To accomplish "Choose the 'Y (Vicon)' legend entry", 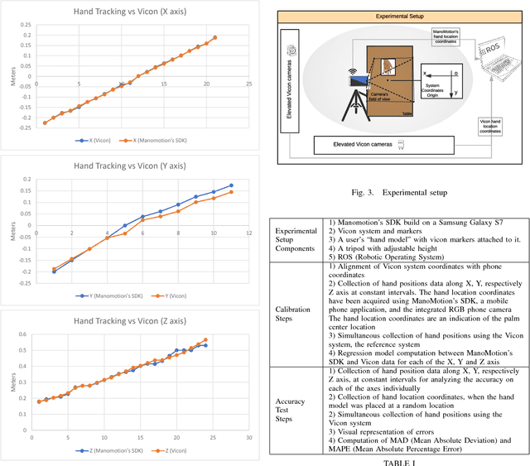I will pos(173,295).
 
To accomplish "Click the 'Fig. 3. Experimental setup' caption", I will pos(400,192).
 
